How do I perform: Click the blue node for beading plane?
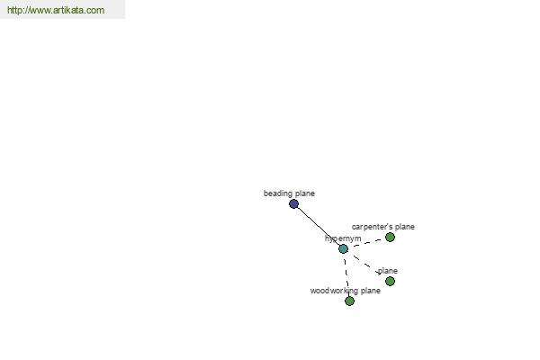tap(293, 204)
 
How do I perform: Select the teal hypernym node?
tap(344, 248)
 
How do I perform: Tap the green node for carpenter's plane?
tap(390, 237)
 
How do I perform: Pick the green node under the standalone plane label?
tap(390, 282)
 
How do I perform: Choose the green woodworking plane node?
tap(349, 301)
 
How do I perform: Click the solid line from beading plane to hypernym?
tap(319, 226)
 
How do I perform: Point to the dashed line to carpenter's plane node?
tap(366, 242)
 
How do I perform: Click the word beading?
tap(277, 193)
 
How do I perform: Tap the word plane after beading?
tap(304, 193)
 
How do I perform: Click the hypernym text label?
tap(343, 238)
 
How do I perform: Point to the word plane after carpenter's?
tap(405, 227)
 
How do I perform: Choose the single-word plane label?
tap(388, 271)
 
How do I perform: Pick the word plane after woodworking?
tap(371, 291)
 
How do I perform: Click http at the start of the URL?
tap(13, 10)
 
